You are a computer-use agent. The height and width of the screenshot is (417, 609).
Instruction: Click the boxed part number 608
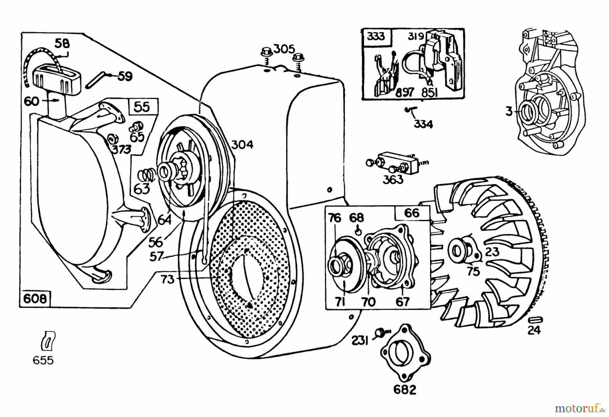tap(35, 299)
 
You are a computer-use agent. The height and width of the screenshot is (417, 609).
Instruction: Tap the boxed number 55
tap(142, 107)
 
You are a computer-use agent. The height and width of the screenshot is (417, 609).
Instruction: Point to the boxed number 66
tap(412, 213)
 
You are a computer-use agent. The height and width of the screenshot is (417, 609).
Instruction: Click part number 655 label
tap(43, 360)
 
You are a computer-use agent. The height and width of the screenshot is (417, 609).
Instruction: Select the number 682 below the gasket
tap(405, 390)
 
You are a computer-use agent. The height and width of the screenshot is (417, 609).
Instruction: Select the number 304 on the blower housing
tap(242, 145)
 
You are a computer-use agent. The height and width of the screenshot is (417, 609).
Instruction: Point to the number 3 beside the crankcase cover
tap(509, 111)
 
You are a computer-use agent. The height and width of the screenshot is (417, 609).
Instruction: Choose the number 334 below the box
tap(423, 124)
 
